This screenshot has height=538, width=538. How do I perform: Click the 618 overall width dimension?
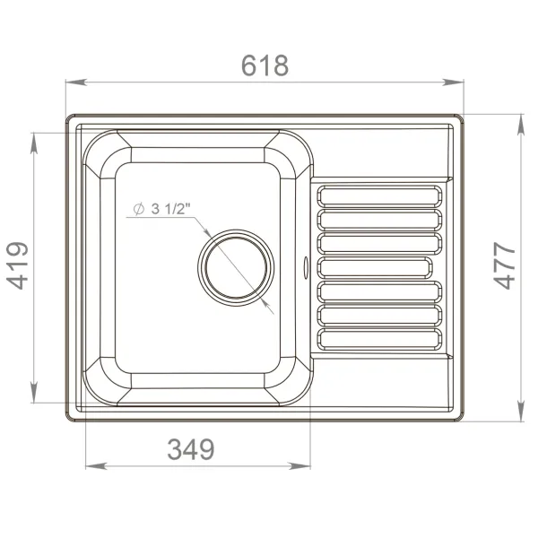tap(265, 65)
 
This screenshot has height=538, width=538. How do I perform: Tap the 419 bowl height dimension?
tap(19, 265)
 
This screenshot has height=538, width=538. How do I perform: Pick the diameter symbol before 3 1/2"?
tap(138, 209)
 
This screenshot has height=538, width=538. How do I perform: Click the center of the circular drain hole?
tap(235, 268)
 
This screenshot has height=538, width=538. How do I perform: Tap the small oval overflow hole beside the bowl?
tap(308, 265)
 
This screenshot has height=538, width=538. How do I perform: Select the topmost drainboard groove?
tap(380, 196)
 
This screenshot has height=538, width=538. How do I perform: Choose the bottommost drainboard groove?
tap(380, 338)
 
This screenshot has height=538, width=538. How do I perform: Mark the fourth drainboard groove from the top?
tap(380, 267)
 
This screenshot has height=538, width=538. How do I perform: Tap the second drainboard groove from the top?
tap(380, 220)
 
